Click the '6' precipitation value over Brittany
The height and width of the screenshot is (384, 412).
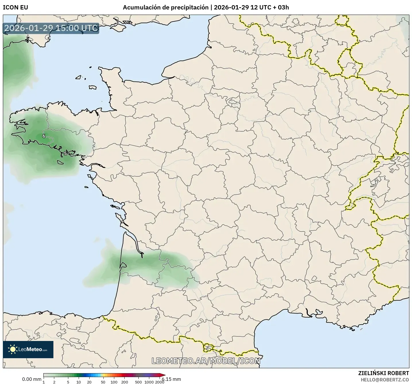point(44,136)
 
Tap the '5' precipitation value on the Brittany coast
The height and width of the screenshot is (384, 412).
point(65,153)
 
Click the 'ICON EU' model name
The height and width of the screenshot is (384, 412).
point(15,7)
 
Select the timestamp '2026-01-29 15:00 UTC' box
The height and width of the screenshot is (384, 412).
point(51,28)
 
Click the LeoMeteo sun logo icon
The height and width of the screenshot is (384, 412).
point(13,349)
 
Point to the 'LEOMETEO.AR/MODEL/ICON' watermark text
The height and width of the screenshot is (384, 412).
point(206,361)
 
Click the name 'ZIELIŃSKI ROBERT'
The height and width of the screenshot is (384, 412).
point(384,373)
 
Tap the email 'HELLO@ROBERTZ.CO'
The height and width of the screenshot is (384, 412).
point(385,379)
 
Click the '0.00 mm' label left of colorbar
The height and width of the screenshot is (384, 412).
point(32,379)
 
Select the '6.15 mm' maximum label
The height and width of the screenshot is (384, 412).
point(172,379)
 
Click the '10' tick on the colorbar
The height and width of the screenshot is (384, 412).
point(79,382)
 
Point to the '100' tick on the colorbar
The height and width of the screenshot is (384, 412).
point(114,382)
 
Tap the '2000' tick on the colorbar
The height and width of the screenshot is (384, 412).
point(160,382)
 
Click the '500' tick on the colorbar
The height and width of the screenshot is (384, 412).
point(138,382)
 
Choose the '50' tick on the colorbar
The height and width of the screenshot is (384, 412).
point(103,382)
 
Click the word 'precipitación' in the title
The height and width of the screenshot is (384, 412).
point(190,7)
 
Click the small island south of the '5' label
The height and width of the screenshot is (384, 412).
point(60,162)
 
